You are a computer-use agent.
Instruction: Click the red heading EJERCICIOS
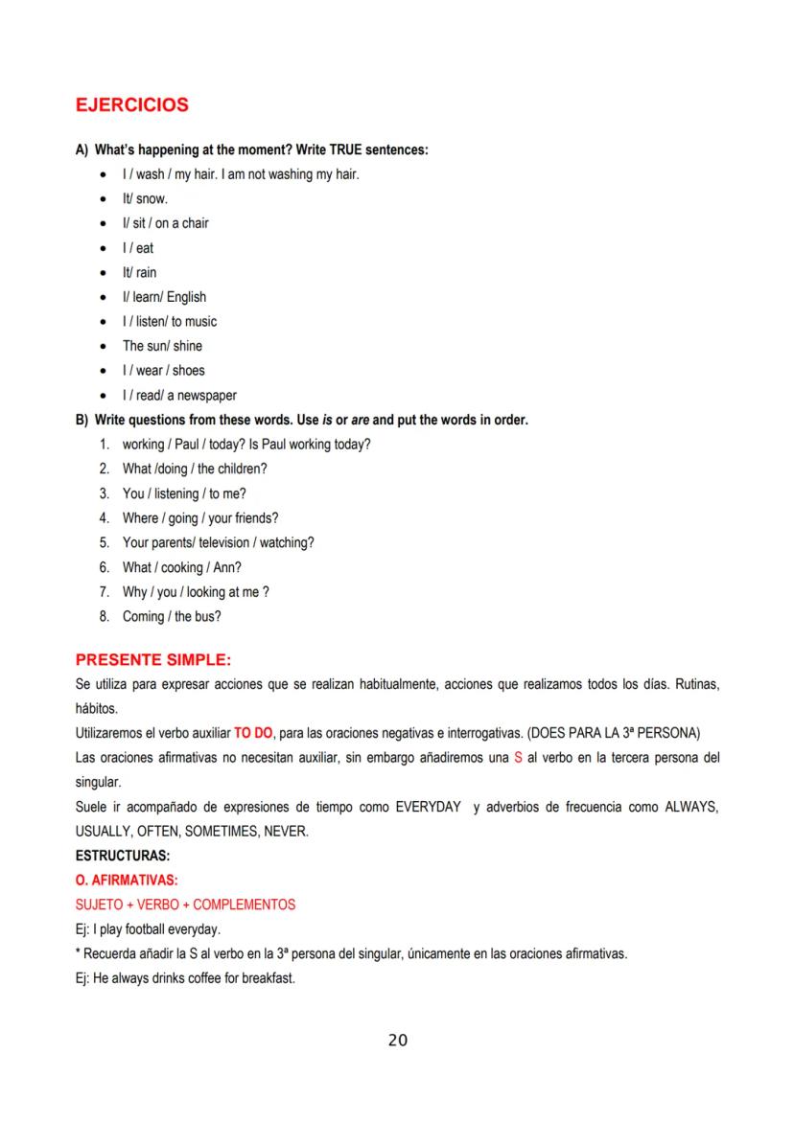[131, 105]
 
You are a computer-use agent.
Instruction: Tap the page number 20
[398, 1040]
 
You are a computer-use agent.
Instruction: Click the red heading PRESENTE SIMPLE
[153, 660]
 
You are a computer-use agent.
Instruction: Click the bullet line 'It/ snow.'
[144, 198]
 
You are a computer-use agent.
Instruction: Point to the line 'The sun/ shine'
[161, 346]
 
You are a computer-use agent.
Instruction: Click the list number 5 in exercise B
[103, 542]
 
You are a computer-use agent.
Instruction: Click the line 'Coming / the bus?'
[172, 616]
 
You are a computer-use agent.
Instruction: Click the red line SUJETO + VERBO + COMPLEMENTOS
[184, 904]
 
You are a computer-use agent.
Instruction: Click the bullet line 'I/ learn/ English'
[163, 297]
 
